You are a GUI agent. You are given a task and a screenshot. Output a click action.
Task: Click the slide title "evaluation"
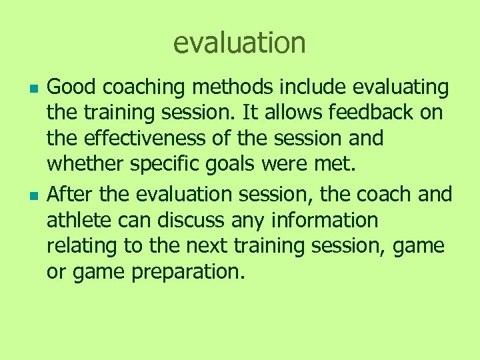tap(239, 43)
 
